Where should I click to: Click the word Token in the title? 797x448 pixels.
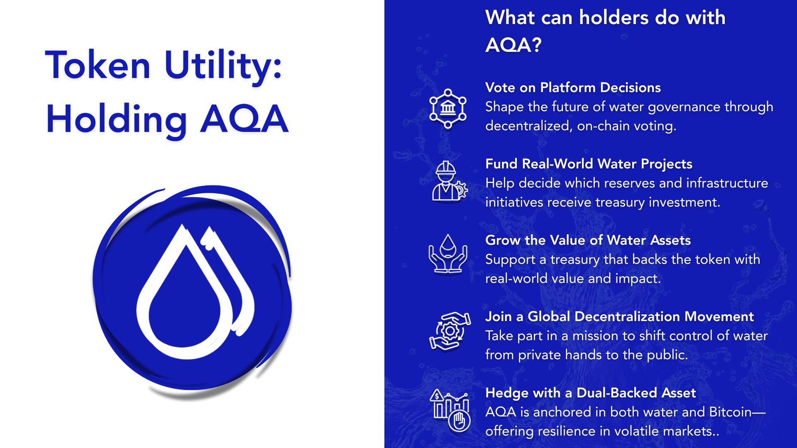(x=98, y=65)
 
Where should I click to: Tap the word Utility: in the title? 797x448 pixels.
(x=223, y=66)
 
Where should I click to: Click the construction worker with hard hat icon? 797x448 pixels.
(x=449, y=181)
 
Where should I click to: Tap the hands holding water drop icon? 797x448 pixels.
(x=448, y=254)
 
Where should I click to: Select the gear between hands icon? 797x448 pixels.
(x=450, y=331)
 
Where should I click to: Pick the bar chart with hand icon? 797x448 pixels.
(x=450, y=410)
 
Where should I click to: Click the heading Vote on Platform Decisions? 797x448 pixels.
(x=573, y=88)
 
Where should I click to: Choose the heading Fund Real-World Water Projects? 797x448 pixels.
(x=589, y=164)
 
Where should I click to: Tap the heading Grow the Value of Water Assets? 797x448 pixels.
(x=588, y=240)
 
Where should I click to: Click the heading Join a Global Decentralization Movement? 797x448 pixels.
(x=619, y=317)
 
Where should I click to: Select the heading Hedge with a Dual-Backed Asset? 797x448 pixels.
(x=590, y=393)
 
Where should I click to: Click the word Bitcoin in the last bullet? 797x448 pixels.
(x=730, y=412)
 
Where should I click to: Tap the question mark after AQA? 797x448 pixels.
(x=536, y=45)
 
